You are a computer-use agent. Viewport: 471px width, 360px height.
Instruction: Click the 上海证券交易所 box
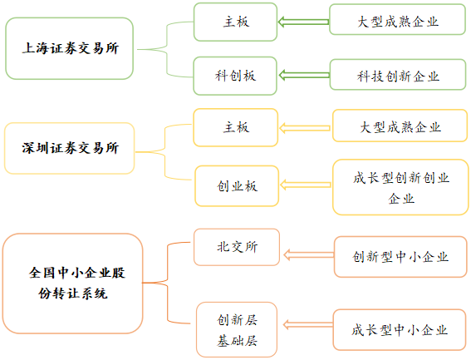pyautogui.click(x=70, y=48)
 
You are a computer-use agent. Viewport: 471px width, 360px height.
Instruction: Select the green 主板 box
pyautogui.click(x=235, y=22)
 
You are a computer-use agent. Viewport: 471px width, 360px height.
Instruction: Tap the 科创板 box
pyautogui.click(x=235, y=76)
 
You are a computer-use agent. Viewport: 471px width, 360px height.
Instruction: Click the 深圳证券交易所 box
pyautogui.click(x=70, y=148)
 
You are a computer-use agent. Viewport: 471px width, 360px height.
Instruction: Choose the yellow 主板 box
pyautogui.click(x=236, y=127)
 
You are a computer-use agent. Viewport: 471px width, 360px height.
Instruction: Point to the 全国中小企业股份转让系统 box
pyautogui.click(x=73, y=283)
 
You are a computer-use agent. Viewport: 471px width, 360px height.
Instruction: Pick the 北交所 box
pyautogui.click(x=236, y=247)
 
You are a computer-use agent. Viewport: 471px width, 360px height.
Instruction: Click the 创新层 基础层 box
pyautogui.click(x=237, y=329)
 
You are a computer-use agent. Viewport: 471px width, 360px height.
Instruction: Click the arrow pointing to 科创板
pyautogui.click(x=302, y=76)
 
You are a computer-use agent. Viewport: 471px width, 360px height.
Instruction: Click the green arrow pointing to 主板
pyautogui.click(x=302, y=21)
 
